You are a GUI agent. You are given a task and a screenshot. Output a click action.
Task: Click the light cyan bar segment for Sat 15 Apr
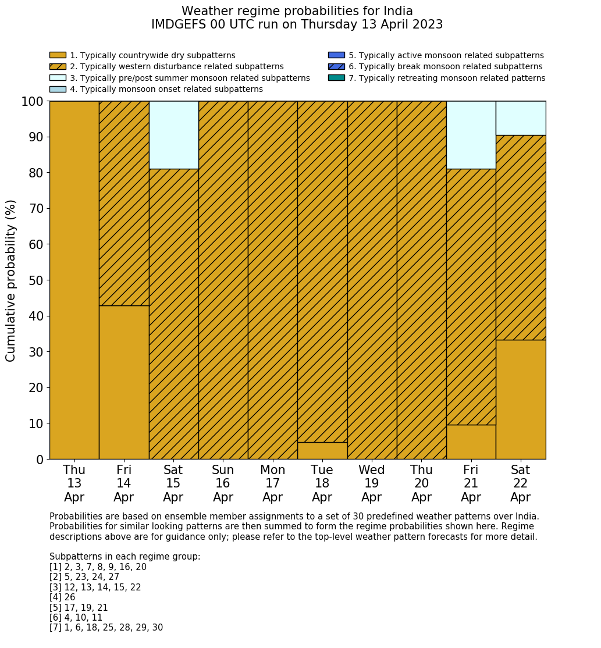(x=173, y=135)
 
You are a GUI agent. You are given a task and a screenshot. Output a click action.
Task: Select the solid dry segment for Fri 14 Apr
(x=124, y=382)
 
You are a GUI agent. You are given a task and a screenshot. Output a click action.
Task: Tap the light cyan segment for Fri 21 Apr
(x=471, y=135)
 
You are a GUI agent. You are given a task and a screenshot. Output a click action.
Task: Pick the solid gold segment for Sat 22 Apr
(x=521, y=399)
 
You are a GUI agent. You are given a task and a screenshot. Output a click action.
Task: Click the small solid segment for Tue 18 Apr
(x=322, y=451)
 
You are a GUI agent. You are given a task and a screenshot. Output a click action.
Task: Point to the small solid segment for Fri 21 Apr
(x=471, y=442)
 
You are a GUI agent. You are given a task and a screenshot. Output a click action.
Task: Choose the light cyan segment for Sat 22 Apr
(x=521, y=118)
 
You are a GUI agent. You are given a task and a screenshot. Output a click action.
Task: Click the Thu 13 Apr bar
(x=74, y=280)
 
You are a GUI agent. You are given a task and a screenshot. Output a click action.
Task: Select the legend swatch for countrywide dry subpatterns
(x=58, y=55)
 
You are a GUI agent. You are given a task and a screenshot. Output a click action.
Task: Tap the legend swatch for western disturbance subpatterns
(x=58, y=66)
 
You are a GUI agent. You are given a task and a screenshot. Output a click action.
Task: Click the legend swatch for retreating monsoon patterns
(x=336, y=78)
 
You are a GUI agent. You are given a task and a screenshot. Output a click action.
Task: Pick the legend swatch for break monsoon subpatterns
(x=336, y=66)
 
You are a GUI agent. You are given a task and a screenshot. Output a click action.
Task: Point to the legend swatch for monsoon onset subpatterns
(x=58, y=89)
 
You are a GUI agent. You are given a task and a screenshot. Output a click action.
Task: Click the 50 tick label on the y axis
(x=35, y=280)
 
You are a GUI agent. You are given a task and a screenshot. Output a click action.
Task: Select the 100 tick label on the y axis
(x=32, y=102)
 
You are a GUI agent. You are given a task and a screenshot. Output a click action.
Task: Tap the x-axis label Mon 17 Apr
(x=273, y=483)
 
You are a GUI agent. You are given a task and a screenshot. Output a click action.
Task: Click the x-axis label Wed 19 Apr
(x=372, y=483)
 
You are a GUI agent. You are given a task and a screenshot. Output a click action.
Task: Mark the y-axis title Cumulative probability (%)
(x=11, y=280)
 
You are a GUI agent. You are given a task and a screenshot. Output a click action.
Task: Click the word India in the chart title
(x=399, y=11)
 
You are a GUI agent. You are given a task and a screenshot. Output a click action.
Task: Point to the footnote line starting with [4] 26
(x=62, y=597)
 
